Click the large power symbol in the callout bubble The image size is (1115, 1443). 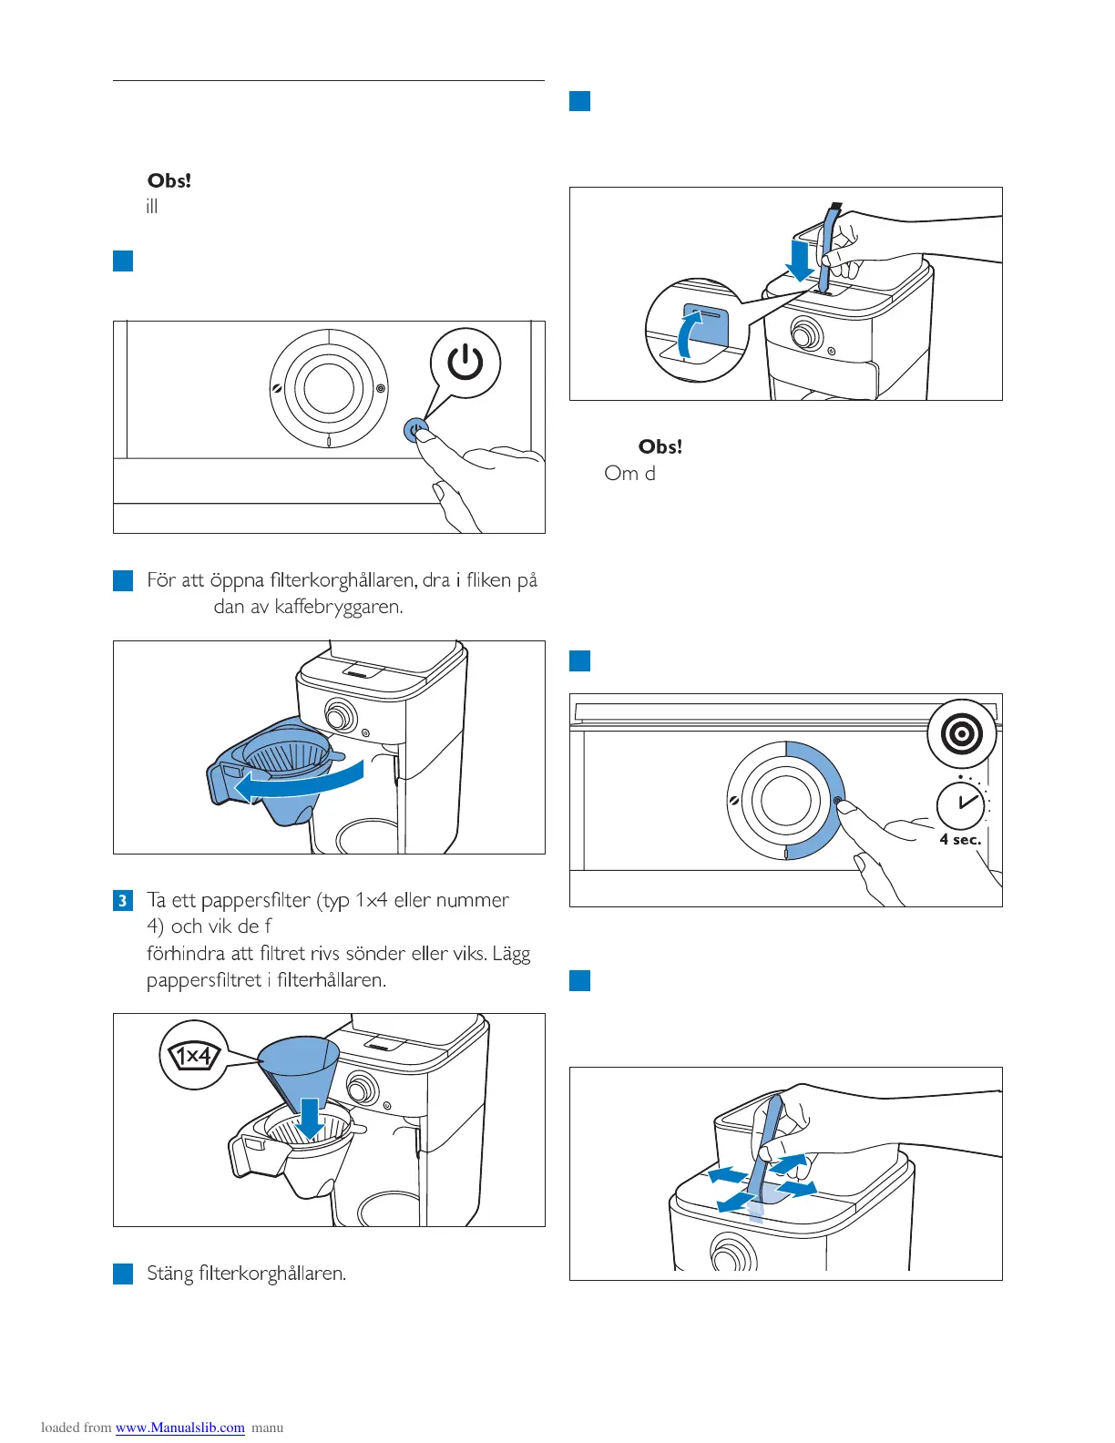pos(465,363)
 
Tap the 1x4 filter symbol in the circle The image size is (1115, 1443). pos(192,1056)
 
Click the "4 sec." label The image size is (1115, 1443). pos(960,840)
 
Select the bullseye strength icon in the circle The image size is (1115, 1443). pos(962,733)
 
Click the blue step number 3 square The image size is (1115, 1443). pos(123,901)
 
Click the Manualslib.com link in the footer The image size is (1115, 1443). pos(179,1428)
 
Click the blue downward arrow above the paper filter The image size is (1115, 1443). pos(310,1119)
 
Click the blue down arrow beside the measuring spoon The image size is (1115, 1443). pos(800,261)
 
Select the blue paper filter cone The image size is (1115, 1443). pos(300,1070)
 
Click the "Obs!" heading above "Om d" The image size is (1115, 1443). pos(660,447)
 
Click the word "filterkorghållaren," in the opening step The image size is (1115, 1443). pos(344,580)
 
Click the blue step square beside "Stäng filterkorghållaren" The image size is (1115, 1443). pos(123,1274)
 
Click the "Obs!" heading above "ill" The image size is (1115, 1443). pos(169,181)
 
